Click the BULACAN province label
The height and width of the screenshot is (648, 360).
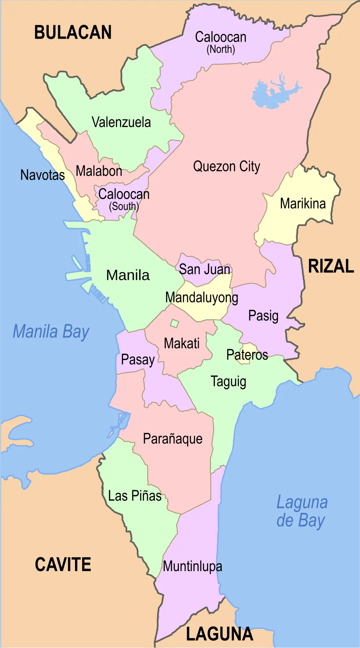pos(73,33)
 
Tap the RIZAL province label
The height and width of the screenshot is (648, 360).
pos(331,266)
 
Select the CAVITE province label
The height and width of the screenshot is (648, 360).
pos(63,564)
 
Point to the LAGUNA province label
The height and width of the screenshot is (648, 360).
pos(220,634)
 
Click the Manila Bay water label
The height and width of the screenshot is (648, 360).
pos(51,332)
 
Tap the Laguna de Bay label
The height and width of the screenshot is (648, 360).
pos(302,512)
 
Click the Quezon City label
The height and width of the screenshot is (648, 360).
pos(226,166)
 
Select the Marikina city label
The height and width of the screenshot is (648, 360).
pos(303,204)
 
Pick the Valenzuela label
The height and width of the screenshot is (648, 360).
pos(121,122)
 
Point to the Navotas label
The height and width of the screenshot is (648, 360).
pos(42,175)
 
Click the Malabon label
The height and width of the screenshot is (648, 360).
pos(99,171)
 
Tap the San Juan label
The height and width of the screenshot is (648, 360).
pos(204,269)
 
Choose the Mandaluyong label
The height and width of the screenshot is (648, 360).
pos(202,298)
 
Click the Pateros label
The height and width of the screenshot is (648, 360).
pos(247,355)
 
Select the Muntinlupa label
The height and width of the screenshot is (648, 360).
pos(192,566)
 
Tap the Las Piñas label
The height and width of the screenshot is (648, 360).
pos(135,496)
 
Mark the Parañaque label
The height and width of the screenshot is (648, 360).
pos(172,439)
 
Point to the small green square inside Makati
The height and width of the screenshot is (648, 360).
pos(174,323)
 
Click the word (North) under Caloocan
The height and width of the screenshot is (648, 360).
pos(221,49)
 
